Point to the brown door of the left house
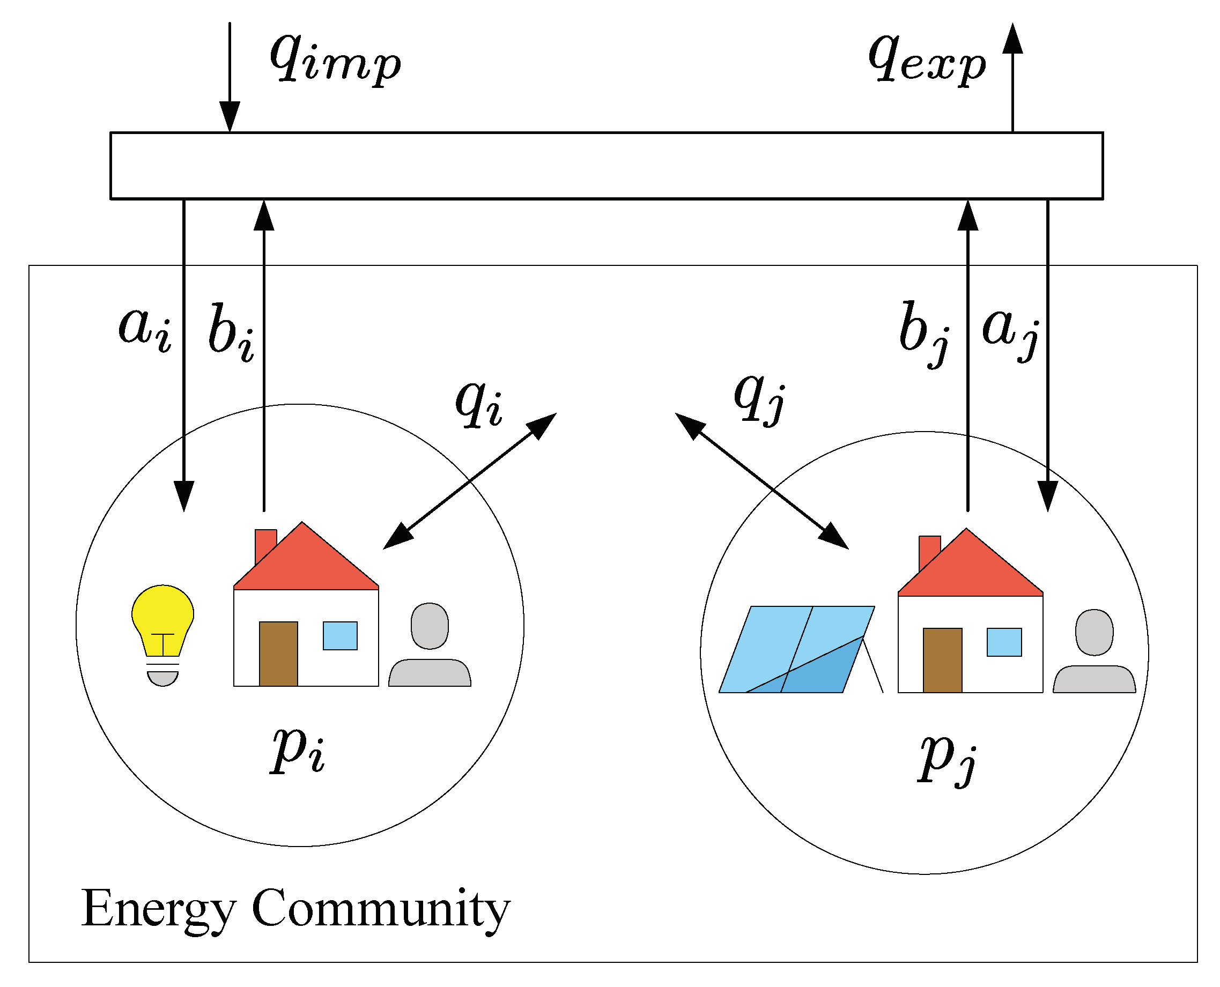[x=278, y=654]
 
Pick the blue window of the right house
[x=1004, y=642]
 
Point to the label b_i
[x=231, y=332]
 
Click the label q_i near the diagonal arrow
[x=478, y=402]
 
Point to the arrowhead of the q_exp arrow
[x=1012, y=39]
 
